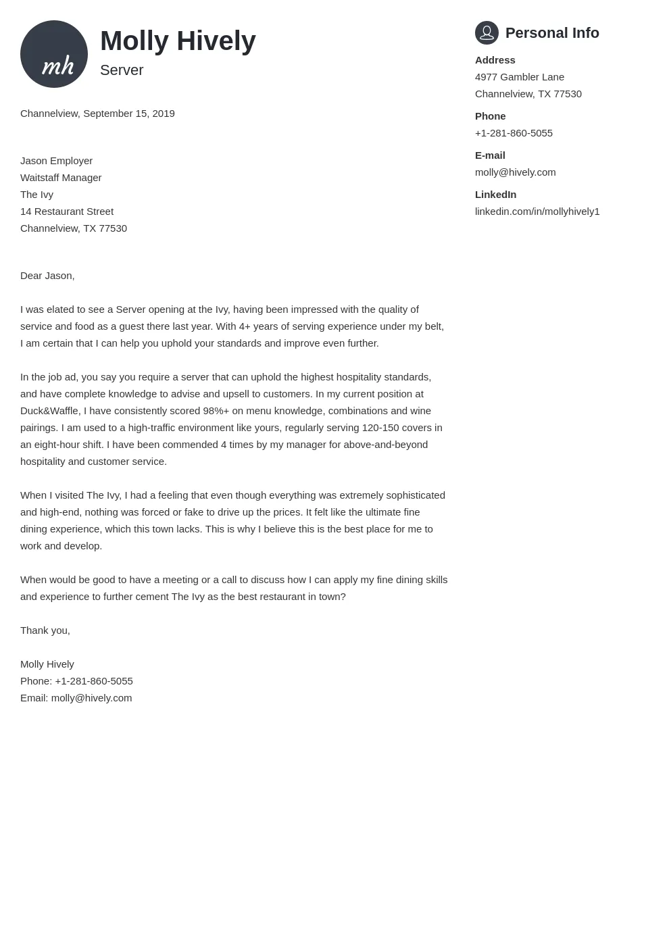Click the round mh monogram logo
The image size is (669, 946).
pos(54,54)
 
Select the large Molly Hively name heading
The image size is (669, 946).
pos(178,41)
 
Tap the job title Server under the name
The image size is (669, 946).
pos(122,70)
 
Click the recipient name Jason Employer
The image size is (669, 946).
pos(56,161)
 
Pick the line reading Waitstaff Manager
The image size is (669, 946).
pos(61,178)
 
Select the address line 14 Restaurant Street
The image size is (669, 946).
pos(67,211)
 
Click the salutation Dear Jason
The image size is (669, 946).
pos(47,276)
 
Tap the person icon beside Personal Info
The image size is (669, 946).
pos(487,32)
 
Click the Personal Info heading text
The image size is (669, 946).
pos(552,33)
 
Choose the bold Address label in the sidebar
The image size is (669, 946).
pos(495,60)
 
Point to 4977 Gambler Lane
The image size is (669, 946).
pos(519,77)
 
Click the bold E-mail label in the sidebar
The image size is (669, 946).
pos(490,155)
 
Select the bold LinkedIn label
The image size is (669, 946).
pos(495,195)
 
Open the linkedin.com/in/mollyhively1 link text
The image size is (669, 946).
pos(537,211)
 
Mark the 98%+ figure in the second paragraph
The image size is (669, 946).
pos(216,411)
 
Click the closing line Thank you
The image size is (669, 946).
pos(45,630)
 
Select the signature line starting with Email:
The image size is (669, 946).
pos(76,698)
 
